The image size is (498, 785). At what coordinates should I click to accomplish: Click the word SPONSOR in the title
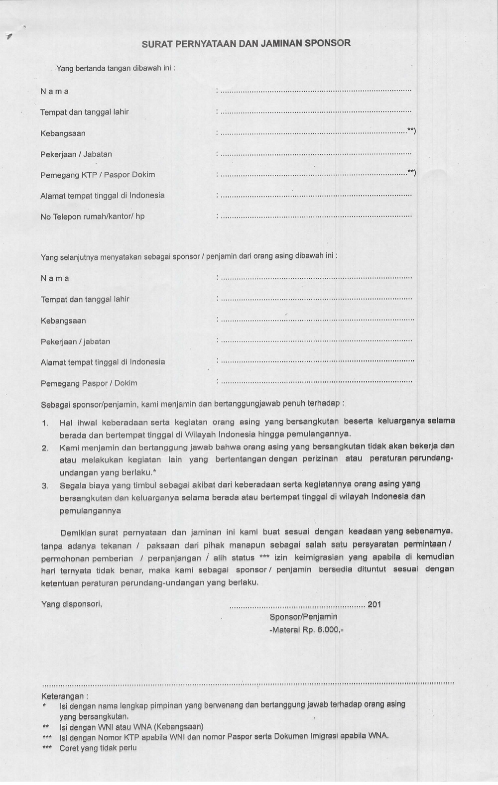(327, 43)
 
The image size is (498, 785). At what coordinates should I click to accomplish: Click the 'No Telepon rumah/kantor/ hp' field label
(92, 217)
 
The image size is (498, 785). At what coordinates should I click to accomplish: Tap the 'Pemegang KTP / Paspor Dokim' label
(98, 175)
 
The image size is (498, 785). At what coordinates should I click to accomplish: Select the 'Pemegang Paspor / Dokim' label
(89, 383)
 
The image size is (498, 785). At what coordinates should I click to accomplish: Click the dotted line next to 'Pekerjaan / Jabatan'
(316, 155)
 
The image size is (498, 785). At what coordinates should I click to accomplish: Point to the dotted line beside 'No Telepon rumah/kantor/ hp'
(316, 217)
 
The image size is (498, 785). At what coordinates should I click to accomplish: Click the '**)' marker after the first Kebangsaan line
(411, 131)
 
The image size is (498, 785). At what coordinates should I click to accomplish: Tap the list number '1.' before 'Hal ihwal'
(45, 423)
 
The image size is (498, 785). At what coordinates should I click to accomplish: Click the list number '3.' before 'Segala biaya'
(45, 486)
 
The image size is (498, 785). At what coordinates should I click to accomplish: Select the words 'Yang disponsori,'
(71, 604)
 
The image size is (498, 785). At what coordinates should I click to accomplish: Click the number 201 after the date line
(374, 604)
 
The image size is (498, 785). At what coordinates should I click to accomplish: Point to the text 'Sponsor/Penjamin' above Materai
(303, 617)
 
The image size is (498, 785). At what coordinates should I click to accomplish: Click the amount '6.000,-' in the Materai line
(330, 630)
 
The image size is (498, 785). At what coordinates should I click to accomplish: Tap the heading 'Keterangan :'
(65, 696)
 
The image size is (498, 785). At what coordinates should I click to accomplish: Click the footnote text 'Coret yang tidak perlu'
(98, 748)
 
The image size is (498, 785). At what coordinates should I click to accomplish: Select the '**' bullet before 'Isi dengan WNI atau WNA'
(45, 727)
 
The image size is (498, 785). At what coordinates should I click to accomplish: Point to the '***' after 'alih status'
(264, 558)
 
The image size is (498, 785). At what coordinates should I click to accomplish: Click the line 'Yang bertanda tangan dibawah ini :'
(116, 68)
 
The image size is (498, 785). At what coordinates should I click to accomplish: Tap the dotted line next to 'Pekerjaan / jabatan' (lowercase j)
(316, 341)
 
